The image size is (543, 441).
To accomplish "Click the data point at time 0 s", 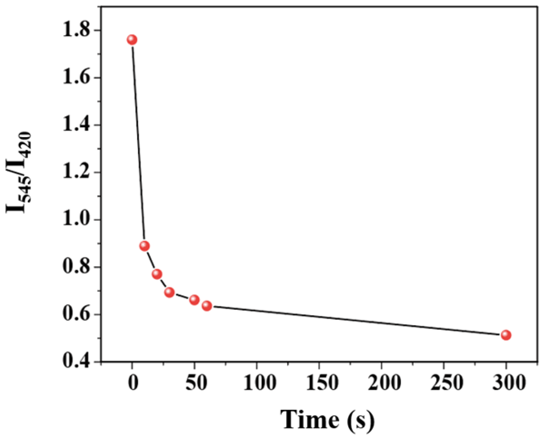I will (x=132, y=40).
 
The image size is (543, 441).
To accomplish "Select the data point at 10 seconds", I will (x=144, y=246).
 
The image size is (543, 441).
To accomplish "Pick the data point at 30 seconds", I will (x=169, y=292).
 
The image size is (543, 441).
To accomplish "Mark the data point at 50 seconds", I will (x=194, y=300).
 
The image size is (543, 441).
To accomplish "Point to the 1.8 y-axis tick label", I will (x=76, y=30).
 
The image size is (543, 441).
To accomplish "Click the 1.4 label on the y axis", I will (x=76, y=125).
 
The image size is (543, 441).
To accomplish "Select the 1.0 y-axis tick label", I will (x=76, y=220).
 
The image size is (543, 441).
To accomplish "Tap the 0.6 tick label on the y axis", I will (x=76, y=315).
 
